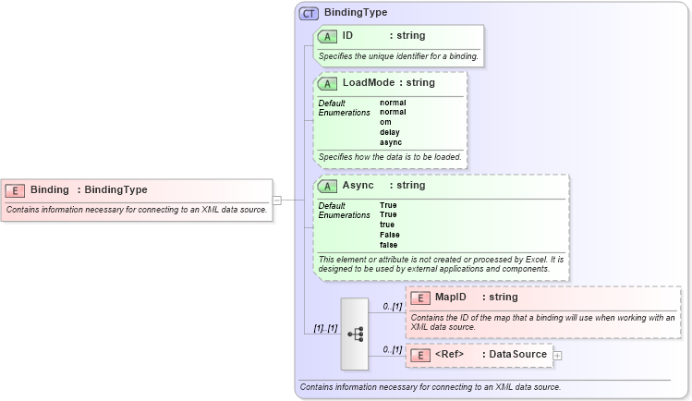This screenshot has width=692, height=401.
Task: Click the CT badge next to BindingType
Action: [x=310, y=13]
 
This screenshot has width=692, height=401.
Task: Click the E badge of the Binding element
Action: [x=15, y=190]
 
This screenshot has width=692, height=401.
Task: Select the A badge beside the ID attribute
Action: [x=327, y=36]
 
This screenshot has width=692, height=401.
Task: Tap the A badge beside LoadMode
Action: [x=327, y=83]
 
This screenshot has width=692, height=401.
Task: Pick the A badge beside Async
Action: [x=327, y=186]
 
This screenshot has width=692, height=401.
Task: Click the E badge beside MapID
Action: [x=419, y=298]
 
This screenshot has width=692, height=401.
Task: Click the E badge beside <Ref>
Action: [x=419, y=355]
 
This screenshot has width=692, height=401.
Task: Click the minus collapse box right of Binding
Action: [x=277, y=200]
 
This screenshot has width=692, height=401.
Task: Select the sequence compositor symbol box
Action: [x=355, y=334]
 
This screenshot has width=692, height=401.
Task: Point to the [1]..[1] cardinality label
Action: [x=324, y=328]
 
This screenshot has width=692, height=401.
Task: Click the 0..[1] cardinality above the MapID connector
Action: [x=392, y=306]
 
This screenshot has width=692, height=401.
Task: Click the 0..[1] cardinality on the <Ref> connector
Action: [x=392, y=349]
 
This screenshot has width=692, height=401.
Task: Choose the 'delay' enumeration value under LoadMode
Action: [x=390, y=132]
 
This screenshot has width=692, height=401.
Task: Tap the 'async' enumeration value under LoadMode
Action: [x=391, y=142]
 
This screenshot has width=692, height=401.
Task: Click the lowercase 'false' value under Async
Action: [x=389, y=245]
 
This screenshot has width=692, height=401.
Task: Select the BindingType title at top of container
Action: [x=356, y=13]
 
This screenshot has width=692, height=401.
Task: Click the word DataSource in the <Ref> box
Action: [x=517, y=355]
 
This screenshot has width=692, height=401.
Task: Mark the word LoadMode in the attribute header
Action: [x=367, y=83]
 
